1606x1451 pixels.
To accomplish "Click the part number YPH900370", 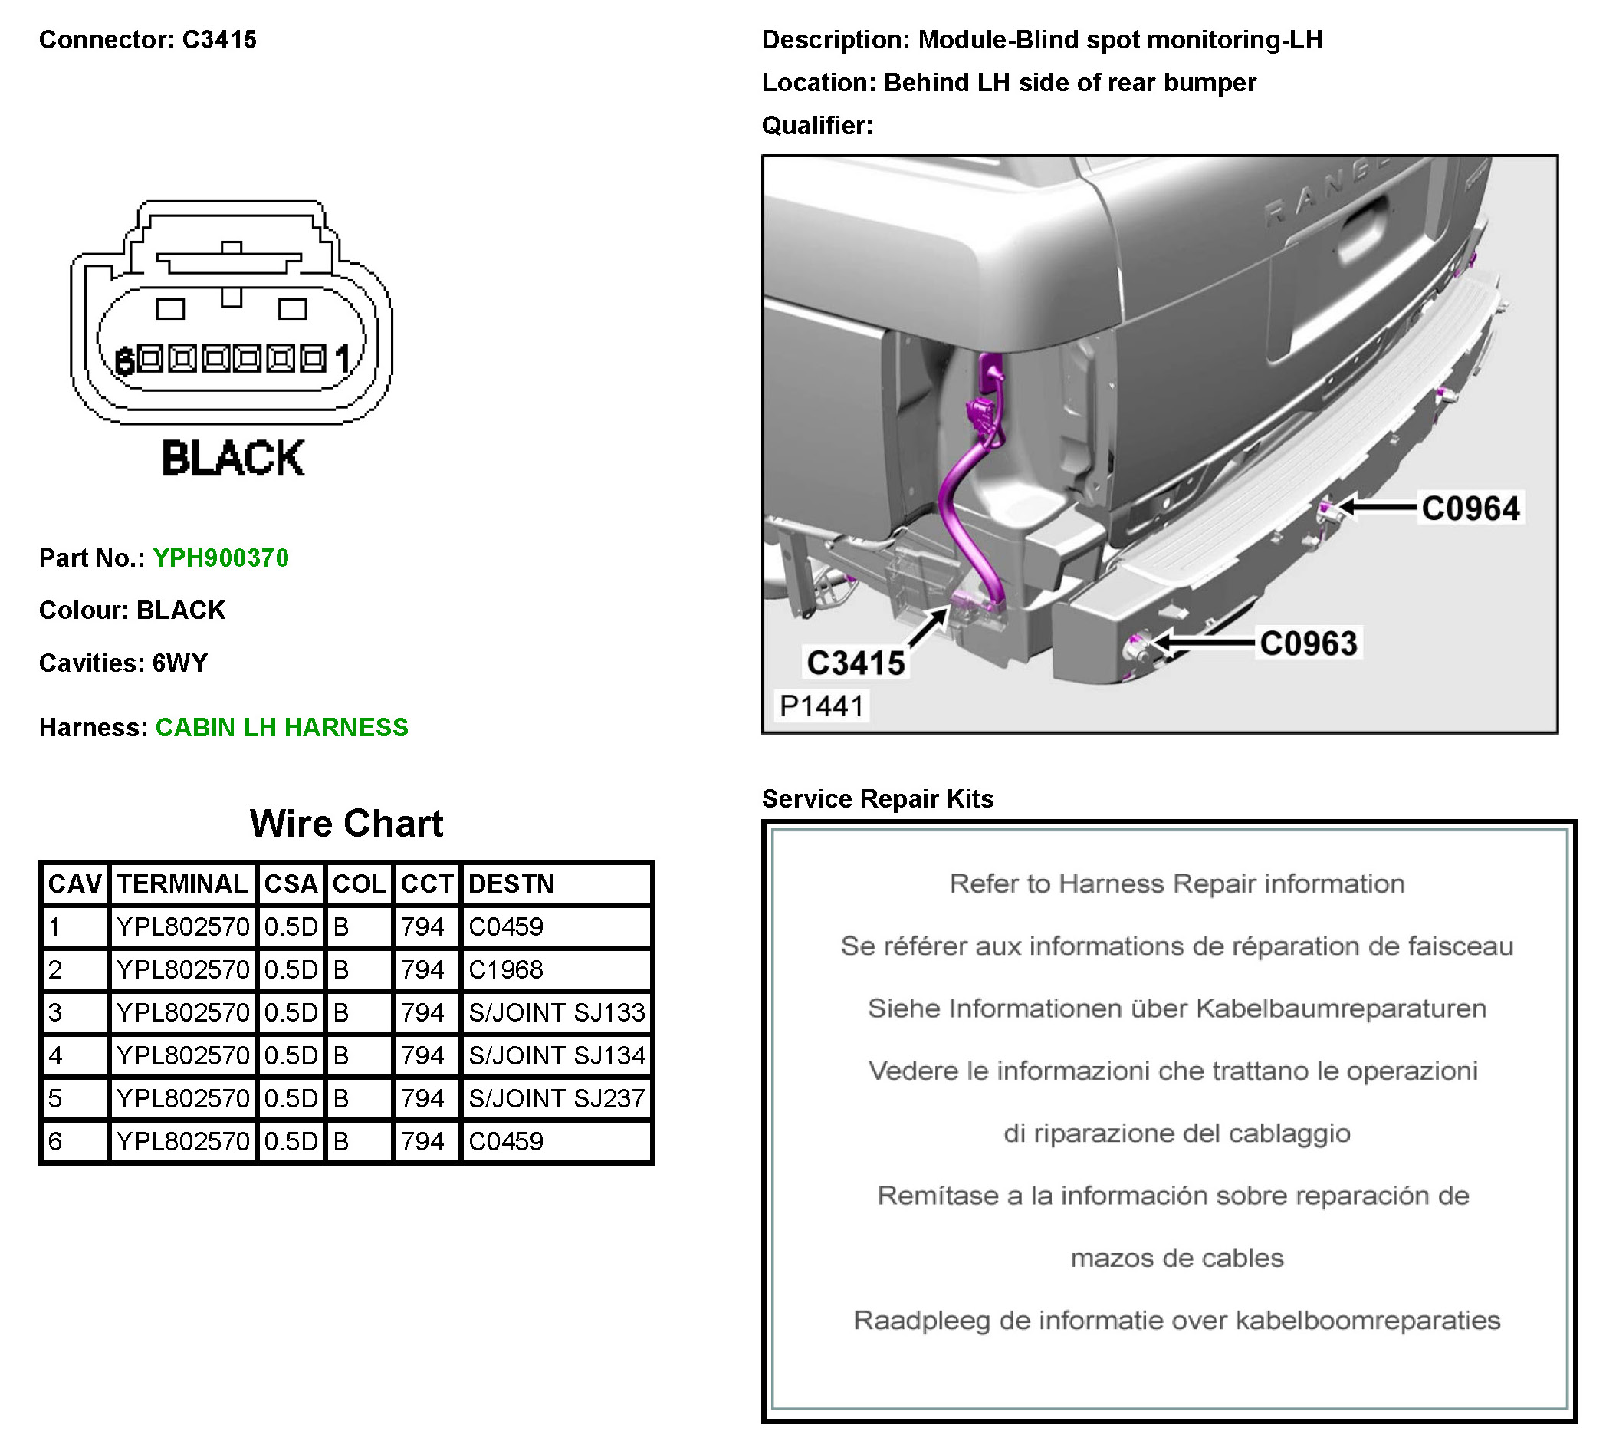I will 221,558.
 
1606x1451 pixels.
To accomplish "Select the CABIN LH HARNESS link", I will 281,728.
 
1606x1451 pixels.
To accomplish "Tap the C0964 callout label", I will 1470,508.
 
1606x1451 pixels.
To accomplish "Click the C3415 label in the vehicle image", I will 856,663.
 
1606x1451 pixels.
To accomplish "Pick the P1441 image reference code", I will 821,706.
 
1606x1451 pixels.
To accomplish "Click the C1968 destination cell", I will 506,969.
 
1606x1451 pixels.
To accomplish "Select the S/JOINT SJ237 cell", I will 556,1099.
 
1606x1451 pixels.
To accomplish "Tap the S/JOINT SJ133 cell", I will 556,1013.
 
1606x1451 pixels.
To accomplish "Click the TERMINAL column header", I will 182,883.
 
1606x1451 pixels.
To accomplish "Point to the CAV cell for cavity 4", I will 56,1056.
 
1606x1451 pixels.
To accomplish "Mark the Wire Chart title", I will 346,823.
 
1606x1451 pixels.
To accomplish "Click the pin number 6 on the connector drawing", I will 123,362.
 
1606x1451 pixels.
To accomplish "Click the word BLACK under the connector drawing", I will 232,458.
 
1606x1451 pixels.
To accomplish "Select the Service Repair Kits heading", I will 877,798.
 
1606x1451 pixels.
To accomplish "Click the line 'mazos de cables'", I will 1177,1259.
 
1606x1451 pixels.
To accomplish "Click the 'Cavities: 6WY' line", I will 123,663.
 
